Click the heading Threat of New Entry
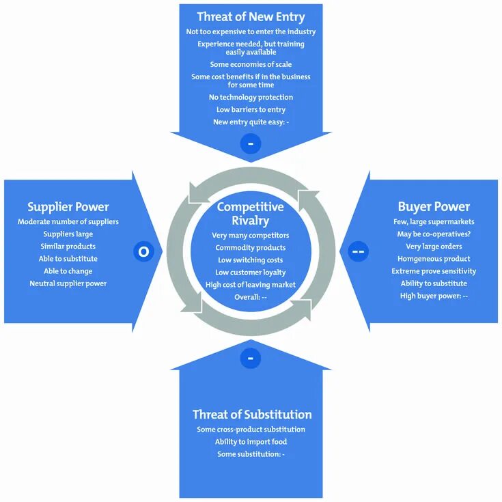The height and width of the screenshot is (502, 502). coord(251,16)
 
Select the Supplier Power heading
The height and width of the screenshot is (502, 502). coord(68,207)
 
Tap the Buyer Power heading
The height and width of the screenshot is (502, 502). coord(434,206)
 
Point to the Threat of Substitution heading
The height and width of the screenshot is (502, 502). coord(251,415)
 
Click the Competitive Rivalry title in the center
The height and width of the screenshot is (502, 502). coord(250,213)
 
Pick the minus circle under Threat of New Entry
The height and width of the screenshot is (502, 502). coord(251,143)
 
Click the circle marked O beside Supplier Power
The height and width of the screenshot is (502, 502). coord(143,251)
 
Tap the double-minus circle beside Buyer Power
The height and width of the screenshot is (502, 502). coord(358,251)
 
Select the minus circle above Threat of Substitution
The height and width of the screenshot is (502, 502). coord(251,358)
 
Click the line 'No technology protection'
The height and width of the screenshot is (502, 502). coord(251,97)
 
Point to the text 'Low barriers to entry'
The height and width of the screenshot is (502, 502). coord(251,109)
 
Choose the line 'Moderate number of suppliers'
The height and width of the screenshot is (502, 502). coord(68,222)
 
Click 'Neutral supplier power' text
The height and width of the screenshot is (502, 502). coord(68,283)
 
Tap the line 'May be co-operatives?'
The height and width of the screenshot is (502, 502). coord(434,234)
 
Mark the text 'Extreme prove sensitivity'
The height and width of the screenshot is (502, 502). coord(434,271)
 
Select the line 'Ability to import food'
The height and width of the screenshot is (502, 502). coord(251,442)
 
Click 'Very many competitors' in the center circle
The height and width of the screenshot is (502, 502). coord(251,236)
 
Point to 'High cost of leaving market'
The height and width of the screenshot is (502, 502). coord(251,285)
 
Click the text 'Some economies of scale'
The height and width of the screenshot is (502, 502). coord(251,64)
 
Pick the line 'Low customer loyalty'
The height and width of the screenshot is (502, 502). coord(251,273)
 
